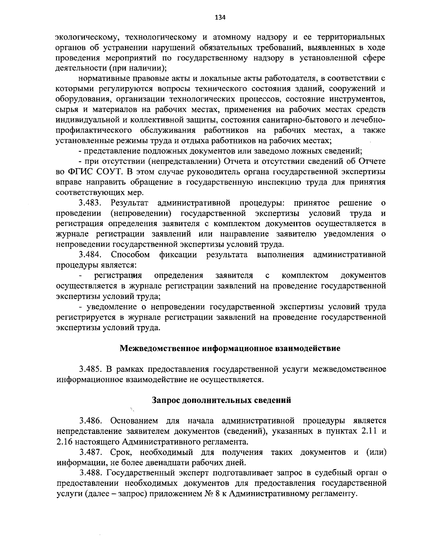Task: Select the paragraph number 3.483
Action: click(x=91, y=203)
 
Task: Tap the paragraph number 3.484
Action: click(x=91, y=254)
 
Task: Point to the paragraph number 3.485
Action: click(x=91, y=369)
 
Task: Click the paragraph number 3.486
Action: click(x=91, y=421)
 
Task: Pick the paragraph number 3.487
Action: click(x=91, y=452)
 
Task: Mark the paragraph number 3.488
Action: click(x=91, y=473)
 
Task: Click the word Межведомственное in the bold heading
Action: click(x=160, y=349)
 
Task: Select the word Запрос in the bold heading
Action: click(x=167, y=400)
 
